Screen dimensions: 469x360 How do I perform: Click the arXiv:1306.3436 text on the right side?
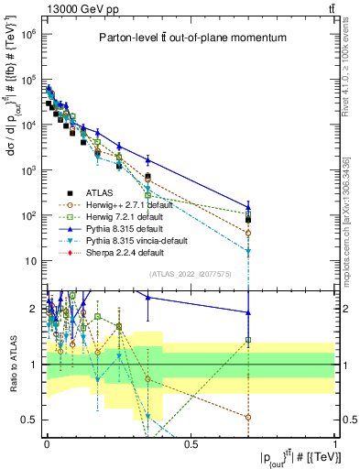[x=346, y=202]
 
